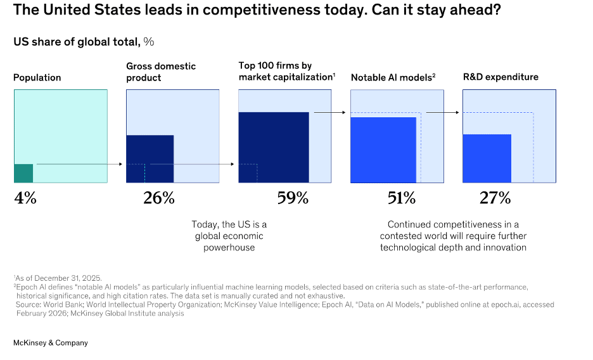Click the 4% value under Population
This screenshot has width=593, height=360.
pyautogui.click(x=25, y=198)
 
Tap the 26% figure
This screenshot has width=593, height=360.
pyautogui.click(x=158, y=198)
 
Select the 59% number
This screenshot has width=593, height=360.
pyautogui.click(x=293, y=198)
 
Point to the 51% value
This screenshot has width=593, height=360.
pyautogui.click(x=402, y=198)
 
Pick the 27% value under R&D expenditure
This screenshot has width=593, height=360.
pyautogui.click(x=495, y=198)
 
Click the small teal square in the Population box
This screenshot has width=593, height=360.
pyautogui.click(x=23, y=173)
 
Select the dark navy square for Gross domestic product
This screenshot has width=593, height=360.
pyautogui.click(x=150, y=158)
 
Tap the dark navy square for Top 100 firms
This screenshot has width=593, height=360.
pyautogui.click(x=274, y=147)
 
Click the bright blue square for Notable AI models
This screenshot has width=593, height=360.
pyautogui.click(x=383, y=150)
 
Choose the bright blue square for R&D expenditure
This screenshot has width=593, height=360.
pyautogui.click(x=487, y=158)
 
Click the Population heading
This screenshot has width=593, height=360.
pyautogui.click(x=37, y=77)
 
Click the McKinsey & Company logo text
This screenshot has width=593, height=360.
pyautogui.click(x=51, y=343)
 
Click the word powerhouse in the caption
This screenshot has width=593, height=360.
pyautogui.click(x=229, y=247)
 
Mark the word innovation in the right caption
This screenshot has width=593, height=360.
pyautogui.click(x=504, y=247)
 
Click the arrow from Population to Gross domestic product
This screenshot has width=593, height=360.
pyautogui.click(x=79, y=164)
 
